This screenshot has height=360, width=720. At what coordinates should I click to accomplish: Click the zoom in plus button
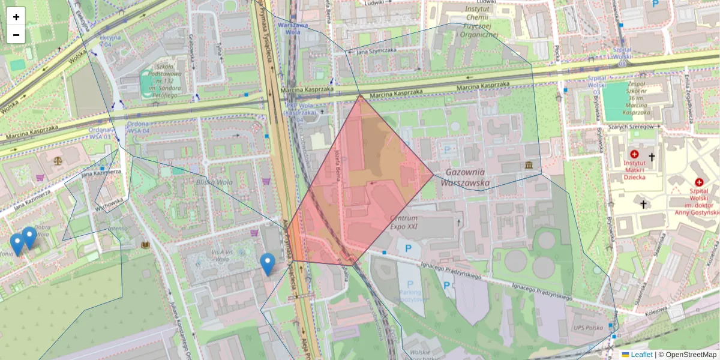(x=16, y=17)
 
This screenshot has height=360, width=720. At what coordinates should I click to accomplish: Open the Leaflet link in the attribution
(x=641, y=355)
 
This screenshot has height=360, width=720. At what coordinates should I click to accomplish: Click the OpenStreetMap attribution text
(x=691, y=355)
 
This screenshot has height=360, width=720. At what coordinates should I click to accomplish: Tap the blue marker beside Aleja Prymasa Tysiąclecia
(x=268, y=263)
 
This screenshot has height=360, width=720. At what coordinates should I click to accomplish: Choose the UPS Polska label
(x=587, y=328)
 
